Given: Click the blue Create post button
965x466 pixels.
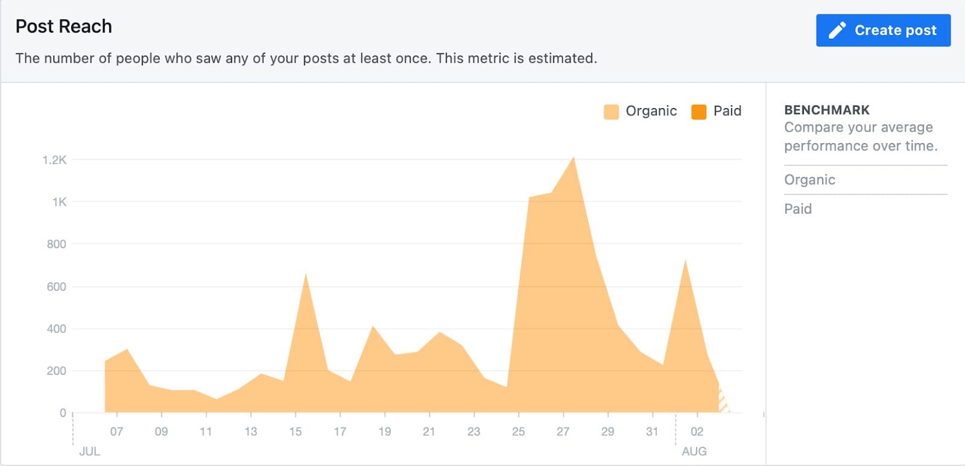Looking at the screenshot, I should (x=883, y=30).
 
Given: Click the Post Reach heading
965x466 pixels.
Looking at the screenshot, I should (x=64, y=27).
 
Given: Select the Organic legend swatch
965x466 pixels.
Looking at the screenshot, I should (x=611, y=112).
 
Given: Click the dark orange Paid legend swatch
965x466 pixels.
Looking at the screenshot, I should (x=698, y=112).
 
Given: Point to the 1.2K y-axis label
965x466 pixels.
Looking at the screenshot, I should (x=54, y=160).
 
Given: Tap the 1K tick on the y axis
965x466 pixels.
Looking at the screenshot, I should (x=59, y=202).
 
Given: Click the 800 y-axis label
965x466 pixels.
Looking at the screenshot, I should (x=56, y=244).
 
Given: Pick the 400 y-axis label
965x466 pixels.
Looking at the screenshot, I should (x=56, y=329).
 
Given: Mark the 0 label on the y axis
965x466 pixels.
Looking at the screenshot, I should (x=63, y=413).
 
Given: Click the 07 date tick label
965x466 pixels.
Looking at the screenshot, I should (x=116, y=432).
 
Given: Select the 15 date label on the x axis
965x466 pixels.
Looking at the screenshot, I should (x=296, y=432).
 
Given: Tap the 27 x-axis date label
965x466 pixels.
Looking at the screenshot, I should (x=563, y=432).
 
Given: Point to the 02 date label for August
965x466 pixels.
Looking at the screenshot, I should (x=697, y=432).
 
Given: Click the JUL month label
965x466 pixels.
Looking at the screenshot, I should (x=90, y=452).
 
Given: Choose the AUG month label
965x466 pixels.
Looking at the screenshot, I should (x=694, y=452).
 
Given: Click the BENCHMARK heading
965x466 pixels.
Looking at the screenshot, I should (x=827, y=110).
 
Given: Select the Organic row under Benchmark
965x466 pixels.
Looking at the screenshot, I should (x=809, y=180).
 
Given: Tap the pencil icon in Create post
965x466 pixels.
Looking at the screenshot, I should (x=837, y=30).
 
